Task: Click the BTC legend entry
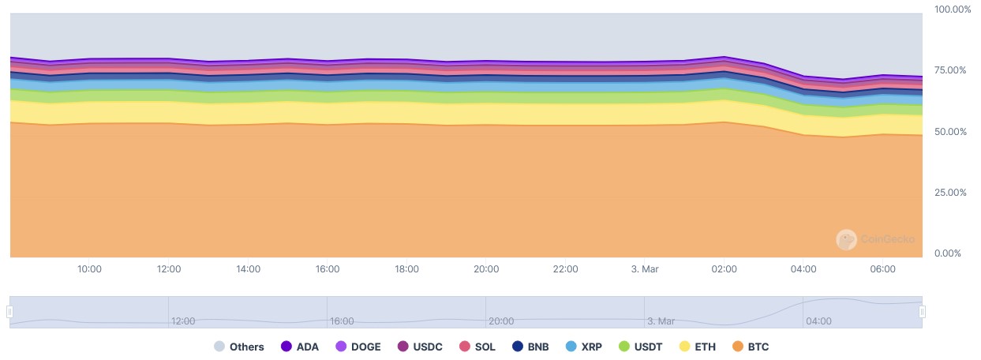coord(750,347)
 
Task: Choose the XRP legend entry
coord(584,347)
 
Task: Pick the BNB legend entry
coord(530,347)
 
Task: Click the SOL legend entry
coord(477,347)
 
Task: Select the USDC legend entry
coord(420,347)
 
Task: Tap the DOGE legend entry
coord(359,347)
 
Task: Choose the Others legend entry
coord(238,347)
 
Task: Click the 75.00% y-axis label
coord(950,70)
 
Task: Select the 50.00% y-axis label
coord(950,132)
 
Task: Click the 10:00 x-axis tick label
coord(89,269)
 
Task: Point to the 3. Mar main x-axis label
coord(646,269)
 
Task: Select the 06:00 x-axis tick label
coord(882,269)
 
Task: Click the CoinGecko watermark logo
coord(846,239)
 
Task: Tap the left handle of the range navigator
coord(9,312)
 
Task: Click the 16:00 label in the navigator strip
coord(343,321)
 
